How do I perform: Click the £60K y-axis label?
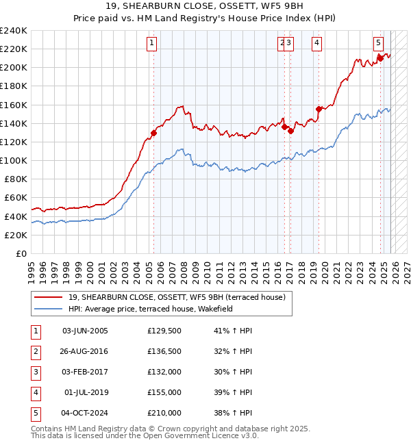coord(15,198)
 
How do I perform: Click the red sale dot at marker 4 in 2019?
coord(319,109)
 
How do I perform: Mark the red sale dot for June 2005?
coord(153,133)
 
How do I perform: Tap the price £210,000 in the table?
coord(164,413)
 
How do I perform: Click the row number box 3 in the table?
coord(34,372)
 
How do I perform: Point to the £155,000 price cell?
coord(164,392)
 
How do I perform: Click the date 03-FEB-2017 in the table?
coord(85,372)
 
